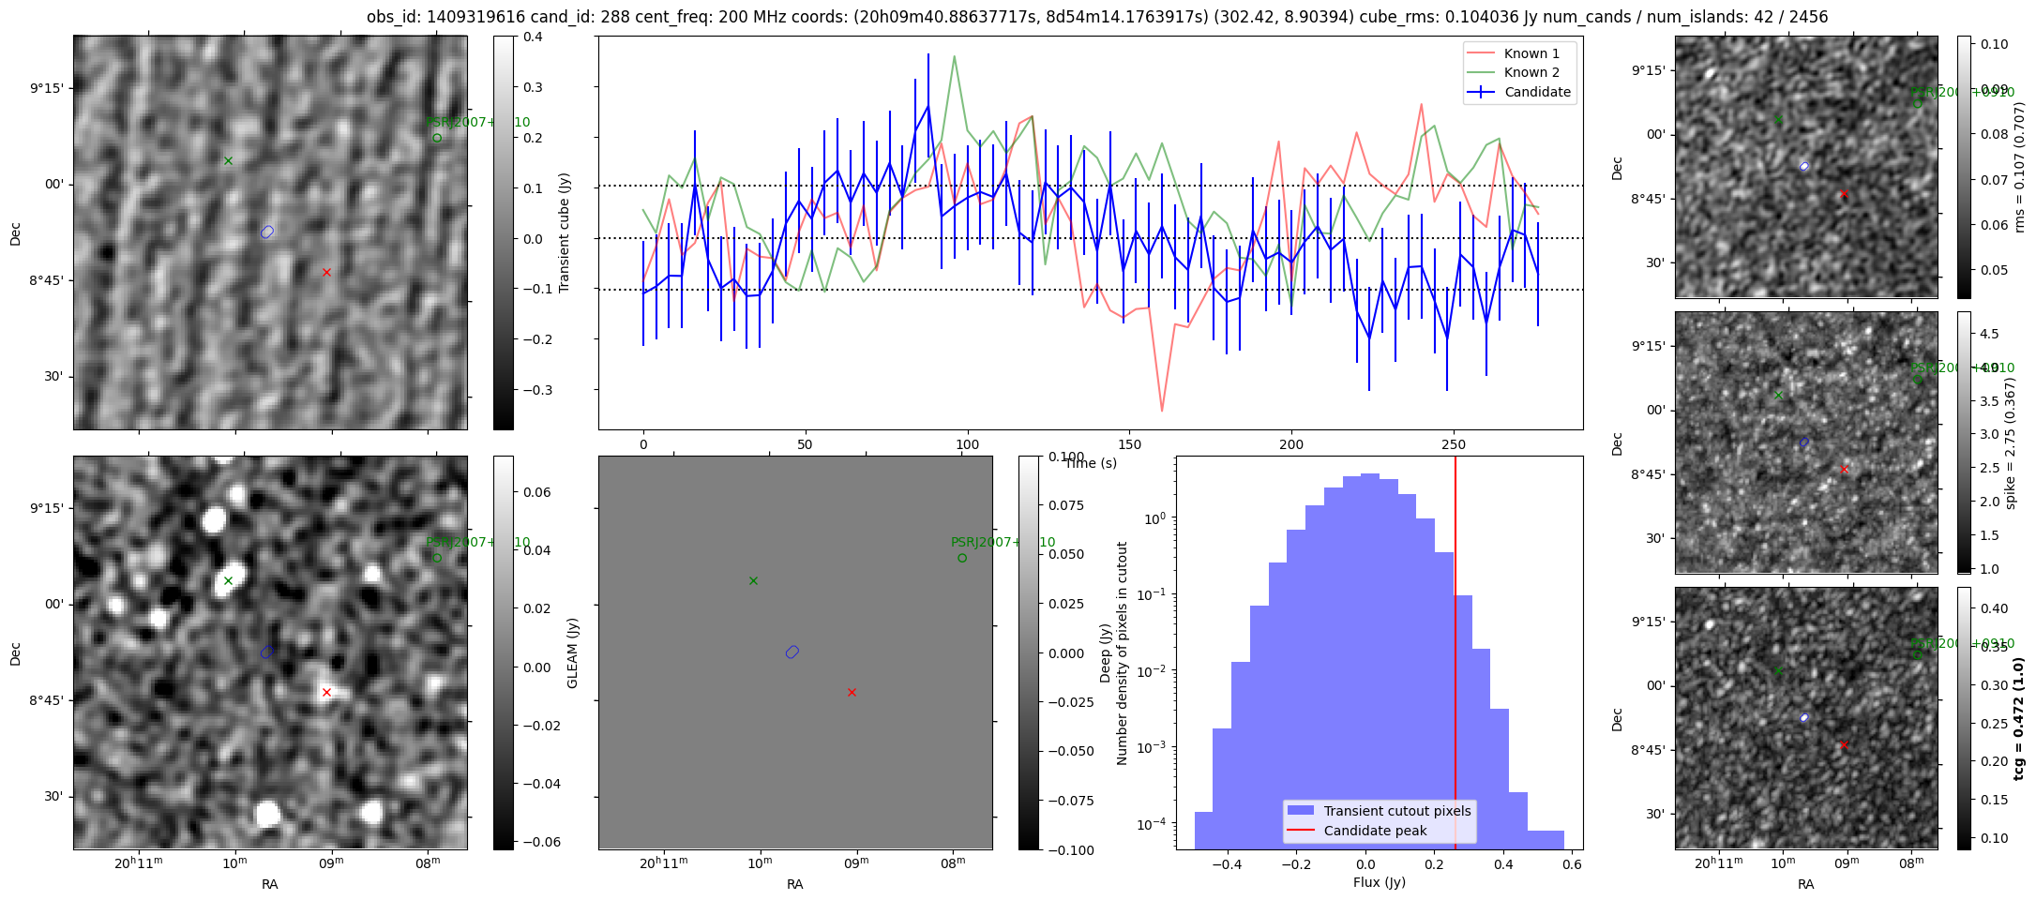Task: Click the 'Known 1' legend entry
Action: [x=1531, y=53]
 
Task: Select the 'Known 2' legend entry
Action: [x=1531, y=72]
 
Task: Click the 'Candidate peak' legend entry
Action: [x=1375, y=831]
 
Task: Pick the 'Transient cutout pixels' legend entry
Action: [x=1397, y=811]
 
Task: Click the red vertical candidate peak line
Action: [x=1455, y=656]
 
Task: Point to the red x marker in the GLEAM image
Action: [x=326, y=693]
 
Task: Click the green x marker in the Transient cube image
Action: [x=228, y=161]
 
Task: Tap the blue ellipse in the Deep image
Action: [x=792, y=652]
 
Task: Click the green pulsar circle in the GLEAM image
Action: [x=437, y=558]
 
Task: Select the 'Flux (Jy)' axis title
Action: [x=1380, y=882]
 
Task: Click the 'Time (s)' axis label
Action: [x=1091, y=463]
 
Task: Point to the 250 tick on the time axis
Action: [x=1454, y=444]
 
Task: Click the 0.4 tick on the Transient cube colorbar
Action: [x=533, y=37]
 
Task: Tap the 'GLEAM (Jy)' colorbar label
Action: [x=572, y=652]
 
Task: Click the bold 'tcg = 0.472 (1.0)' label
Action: [x=2019, y=718]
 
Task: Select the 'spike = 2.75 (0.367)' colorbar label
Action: [x=2010, y=442]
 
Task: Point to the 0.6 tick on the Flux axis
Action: [x=1574, y=864]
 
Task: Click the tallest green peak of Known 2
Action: [x=954, y=56]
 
